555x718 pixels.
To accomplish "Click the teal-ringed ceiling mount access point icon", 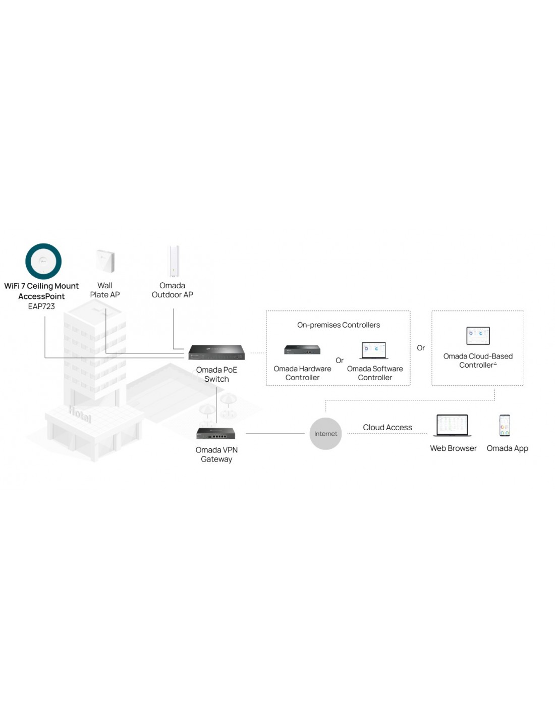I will pyautogui.click(x=43, y=261).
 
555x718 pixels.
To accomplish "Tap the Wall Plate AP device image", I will pyautogui.click(x=105, y=261).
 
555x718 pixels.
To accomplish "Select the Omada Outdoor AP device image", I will pyautogui.click(x=174, y=261).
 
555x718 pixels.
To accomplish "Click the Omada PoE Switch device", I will pyautogui.click(x=216, y=352).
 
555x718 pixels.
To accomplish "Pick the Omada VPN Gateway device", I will pyautogui.click(x=216, y=433).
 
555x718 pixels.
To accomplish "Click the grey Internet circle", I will pyautogui.click(x=325, y=434).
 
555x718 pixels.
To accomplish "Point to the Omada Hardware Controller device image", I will pyautogui.click(x=302, y=349).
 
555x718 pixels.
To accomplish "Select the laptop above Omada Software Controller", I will pyautogui.click(x=374, y=350).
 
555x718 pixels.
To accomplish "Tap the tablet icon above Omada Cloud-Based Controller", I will pyautogui.click(x=478, y=335).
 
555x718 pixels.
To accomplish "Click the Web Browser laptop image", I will pyautogui.click(x=453, y=426).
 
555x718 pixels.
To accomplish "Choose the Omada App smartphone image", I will pyautogui.click(x=505, y=426).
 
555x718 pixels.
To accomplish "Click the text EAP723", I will pyautogui.click(x=41, y=306).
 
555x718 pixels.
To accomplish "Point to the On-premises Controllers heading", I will pyautogui.click(x=338, y=325).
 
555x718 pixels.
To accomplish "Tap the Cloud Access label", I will pyautogui.click(x=387, y=428).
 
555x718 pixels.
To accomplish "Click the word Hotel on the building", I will pyautogui.click(x=80, y=415).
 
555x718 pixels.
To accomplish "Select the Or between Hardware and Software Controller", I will pyautogui.click(x=340, y=361).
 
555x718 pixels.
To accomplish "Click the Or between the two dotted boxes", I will pyautogui.click(x=421, y=348).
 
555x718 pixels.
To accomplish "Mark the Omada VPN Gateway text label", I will pyautogui.click(x=216, y=454).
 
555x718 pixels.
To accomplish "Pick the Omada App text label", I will pyautogui.click(x=507, y=448).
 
